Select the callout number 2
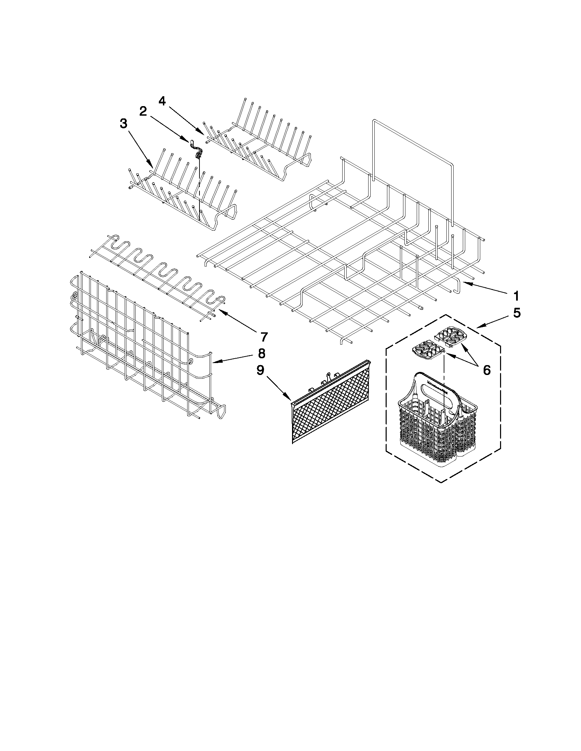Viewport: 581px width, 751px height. [x=143, y=111]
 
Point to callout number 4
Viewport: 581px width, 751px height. [x=162, y=101]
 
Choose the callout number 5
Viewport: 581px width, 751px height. [x=516, y=313]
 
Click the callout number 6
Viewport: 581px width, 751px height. [x=486, y=370]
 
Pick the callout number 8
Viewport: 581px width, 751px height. [x=262, y=353]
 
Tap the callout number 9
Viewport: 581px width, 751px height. [x=261, y=370]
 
